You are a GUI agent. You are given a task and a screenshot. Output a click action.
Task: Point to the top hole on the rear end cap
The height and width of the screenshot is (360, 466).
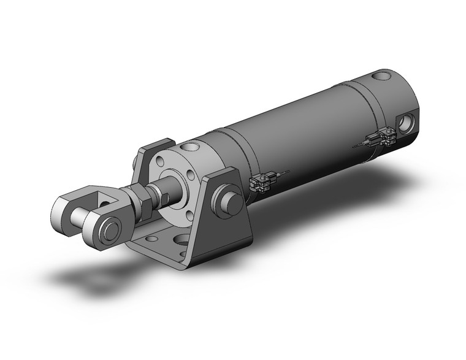pyautogui.click(x=383, y=77)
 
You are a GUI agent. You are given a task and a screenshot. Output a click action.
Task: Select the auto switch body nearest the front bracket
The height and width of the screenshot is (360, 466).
pyautogui.click(x=261, y=182)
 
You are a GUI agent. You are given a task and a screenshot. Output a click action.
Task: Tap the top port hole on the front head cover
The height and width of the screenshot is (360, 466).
pyautogui.click(x=191, y=147)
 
